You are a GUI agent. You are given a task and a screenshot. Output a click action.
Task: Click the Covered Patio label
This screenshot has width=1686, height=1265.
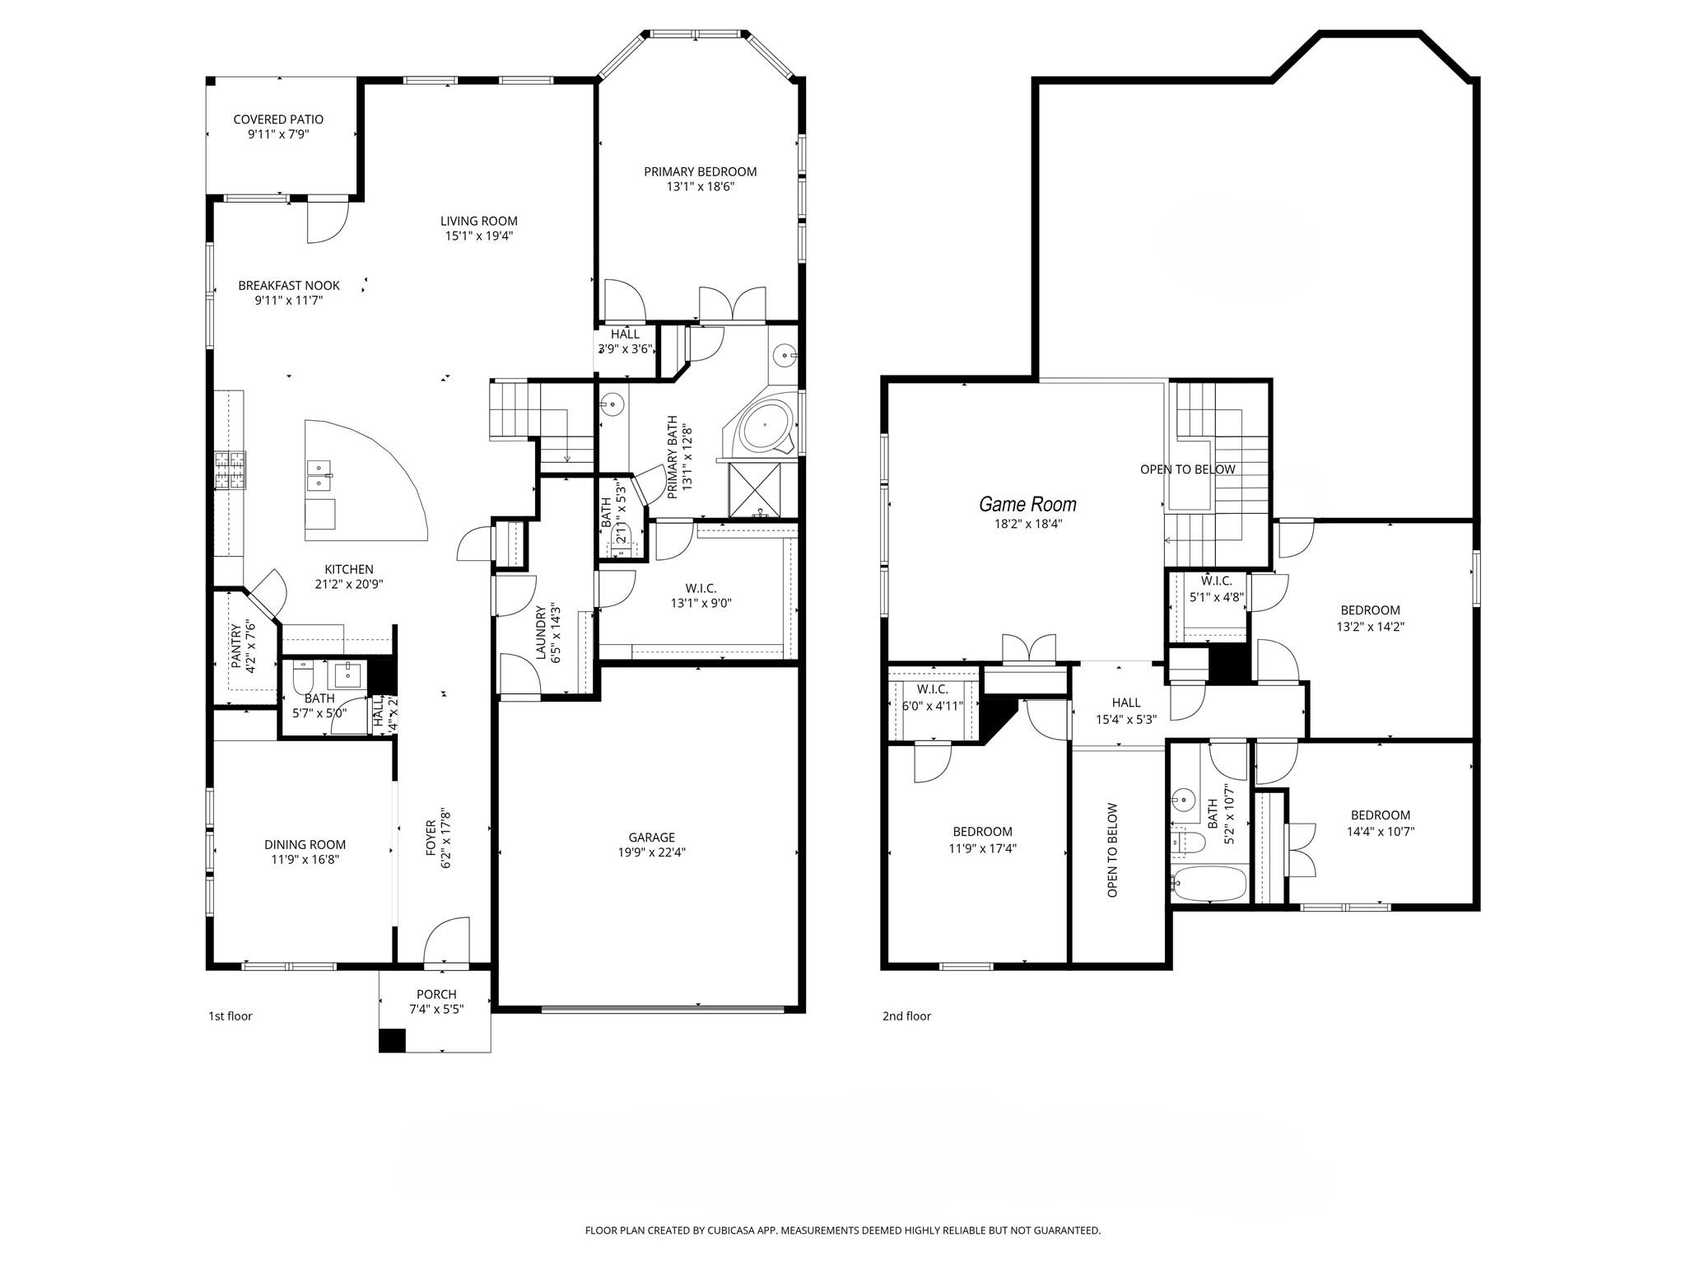[x=278, y=119]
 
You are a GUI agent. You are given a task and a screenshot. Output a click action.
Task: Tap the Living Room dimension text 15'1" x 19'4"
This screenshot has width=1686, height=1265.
[x=478, y=236]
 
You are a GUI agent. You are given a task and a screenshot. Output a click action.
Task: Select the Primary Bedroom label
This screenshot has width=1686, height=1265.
[x=700, y=171]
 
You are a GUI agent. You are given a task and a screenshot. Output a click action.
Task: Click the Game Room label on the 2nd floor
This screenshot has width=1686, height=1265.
[x=1027, y=504]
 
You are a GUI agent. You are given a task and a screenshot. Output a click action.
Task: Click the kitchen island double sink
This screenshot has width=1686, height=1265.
[x=319, y=476]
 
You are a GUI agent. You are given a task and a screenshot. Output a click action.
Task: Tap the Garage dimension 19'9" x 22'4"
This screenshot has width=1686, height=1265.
[x=651, y=852]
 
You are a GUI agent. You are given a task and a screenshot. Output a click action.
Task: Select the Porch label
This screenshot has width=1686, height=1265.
[x=436, y=994]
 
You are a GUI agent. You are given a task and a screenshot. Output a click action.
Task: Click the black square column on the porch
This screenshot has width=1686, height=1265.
[x=392, y=1040]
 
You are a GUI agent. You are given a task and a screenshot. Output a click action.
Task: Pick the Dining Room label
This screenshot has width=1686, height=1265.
[x=305, y=844]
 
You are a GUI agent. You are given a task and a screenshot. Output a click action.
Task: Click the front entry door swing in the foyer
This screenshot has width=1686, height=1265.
[x=447, y=940]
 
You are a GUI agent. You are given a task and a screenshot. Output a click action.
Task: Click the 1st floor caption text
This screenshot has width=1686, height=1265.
[x=230, y=1016]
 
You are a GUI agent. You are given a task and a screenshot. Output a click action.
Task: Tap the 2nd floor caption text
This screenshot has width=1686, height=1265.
[x=906, y=1016]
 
